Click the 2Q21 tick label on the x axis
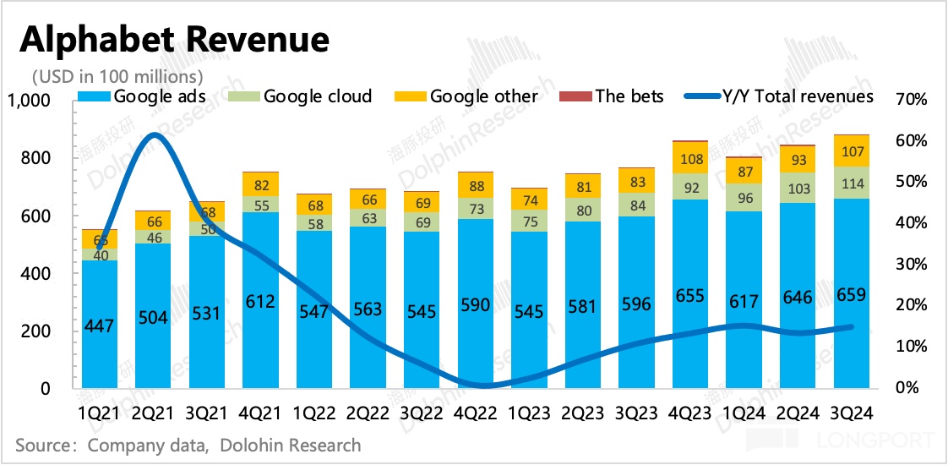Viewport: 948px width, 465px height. (153, 413)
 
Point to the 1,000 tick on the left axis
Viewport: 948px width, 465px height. (30, 101)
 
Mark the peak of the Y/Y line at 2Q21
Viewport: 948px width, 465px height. (153, 135)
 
